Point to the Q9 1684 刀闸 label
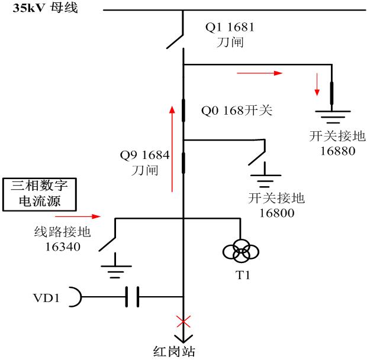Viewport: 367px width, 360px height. click(145, 163)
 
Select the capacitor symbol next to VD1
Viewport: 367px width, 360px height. click(133, 297)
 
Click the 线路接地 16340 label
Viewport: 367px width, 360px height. click(57, 239)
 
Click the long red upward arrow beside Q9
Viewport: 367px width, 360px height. click(172, 148)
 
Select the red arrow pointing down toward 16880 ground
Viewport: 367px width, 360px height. click(318, 84)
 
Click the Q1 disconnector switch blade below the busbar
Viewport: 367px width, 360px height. click(174, 39)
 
